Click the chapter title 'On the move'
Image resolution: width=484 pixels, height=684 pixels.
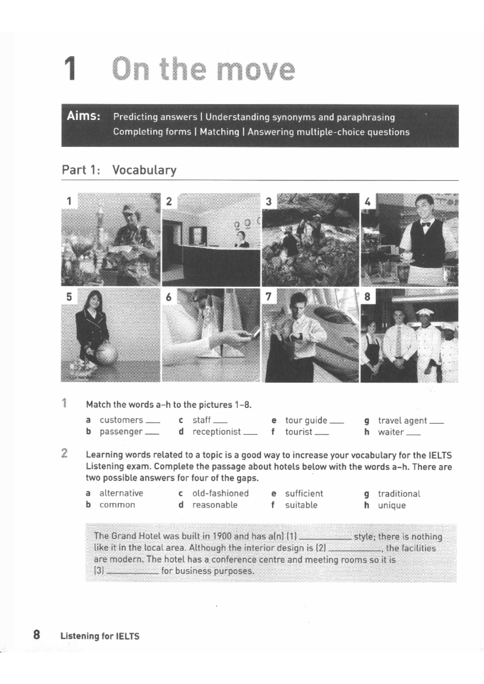[204, 69]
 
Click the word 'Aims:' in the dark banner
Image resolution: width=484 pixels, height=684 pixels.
[83, 116]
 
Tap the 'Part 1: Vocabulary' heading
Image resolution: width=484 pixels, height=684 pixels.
[119, 170]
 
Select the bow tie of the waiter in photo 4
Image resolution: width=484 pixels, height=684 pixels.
[425, 225]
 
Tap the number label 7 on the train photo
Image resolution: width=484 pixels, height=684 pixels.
[268, 297]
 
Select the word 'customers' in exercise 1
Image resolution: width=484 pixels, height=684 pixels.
[121, 420]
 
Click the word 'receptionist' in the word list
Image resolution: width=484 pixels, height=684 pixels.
[216, 432]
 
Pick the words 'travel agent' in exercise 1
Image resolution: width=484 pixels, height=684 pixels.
[402, 421]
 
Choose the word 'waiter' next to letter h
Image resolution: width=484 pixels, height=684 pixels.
[390, 432]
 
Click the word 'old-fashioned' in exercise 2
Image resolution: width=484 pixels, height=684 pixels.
[220, 493]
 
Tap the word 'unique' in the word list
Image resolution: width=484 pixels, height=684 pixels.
[392, 505]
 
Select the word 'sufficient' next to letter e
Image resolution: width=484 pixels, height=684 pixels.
[304, 494]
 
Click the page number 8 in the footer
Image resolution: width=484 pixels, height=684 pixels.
[36, 635]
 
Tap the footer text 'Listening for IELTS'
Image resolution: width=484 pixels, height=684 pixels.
[100, 636]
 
